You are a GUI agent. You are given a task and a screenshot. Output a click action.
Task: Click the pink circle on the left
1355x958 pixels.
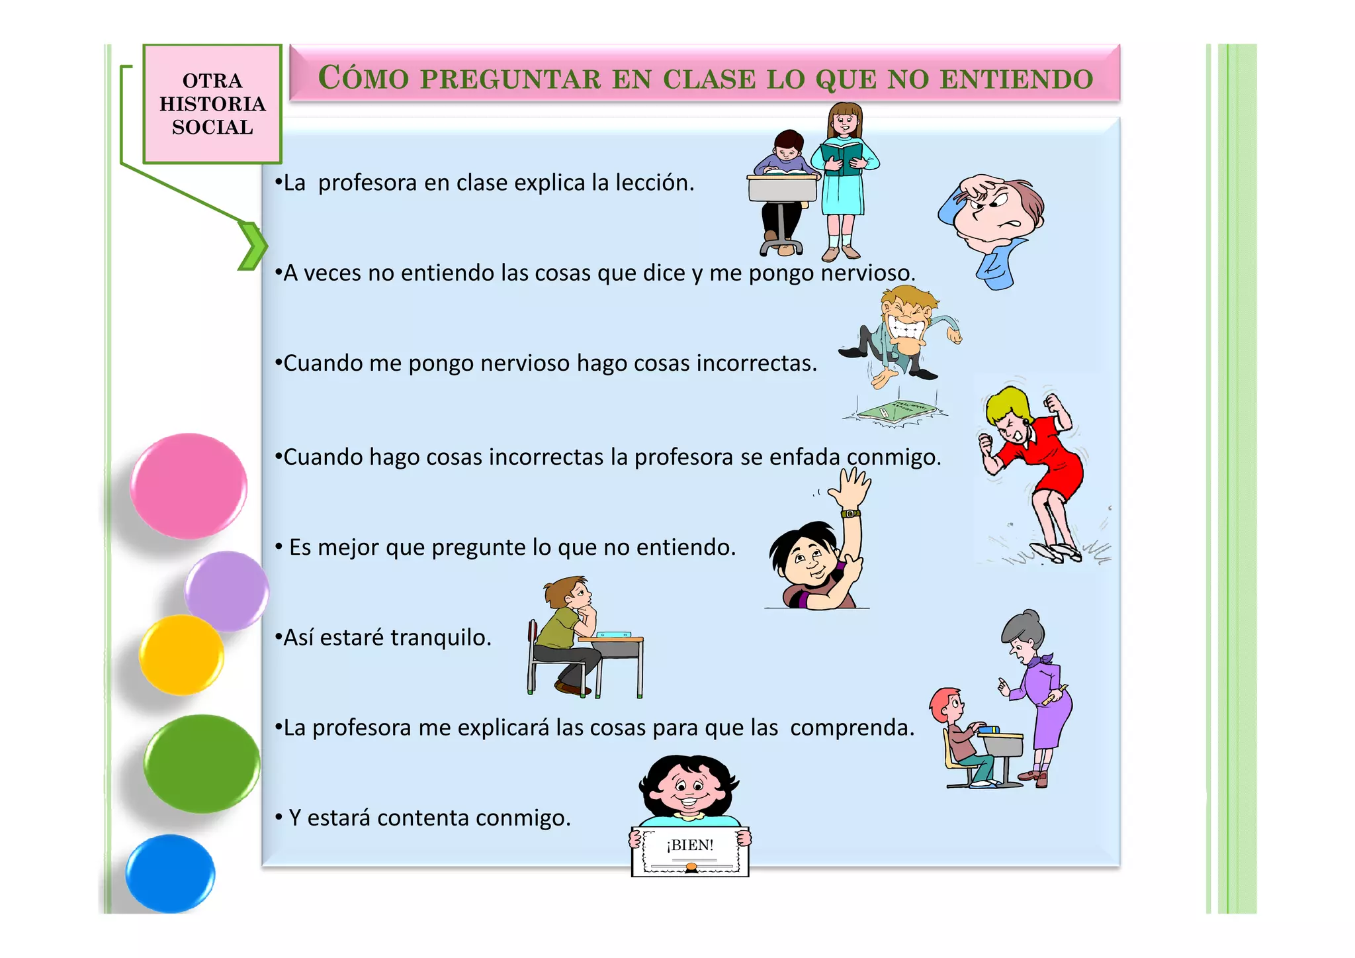tap(189, 485)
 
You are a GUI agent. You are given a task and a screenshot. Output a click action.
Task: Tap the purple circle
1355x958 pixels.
tap(227, 591)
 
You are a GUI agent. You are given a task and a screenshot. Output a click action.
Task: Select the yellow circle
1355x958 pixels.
tap(181, 655)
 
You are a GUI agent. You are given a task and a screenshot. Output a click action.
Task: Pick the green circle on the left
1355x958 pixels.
tap(202, 763)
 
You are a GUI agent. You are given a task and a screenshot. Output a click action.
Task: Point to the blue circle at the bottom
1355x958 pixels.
tap(171, 873)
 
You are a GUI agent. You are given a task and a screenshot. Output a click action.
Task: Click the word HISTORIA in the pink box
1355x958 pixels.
tap(212, 104)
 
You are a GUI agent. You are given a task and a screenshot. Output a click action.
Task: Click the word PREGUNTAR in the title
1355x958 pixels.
tap(510, 79)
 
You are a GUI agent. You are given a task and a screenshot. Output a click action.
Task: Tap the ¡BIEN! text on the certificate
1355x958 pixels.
tap(690, 845)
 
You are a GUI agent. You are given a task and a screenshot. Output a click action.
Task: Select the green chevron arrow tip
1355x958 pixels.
tap(255, 246)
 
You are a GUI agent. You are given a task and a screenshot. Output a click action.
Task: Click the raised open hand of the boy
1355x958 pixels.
tap(852, 488)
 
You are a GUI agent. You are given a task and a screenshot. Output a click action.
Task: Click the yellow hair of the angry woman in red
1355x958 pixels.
tap(1006, 404)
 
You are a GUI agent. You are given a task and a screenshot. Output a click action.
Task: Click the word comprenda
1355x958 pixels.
tap(852, 728)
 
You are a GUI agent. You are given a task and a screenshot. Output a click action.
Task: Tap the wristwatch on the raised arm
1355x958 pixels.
tap(850, 513)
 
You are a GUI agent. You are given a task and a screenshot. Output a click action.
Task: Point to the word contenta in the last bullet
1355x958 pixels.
tap(423, 818)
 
